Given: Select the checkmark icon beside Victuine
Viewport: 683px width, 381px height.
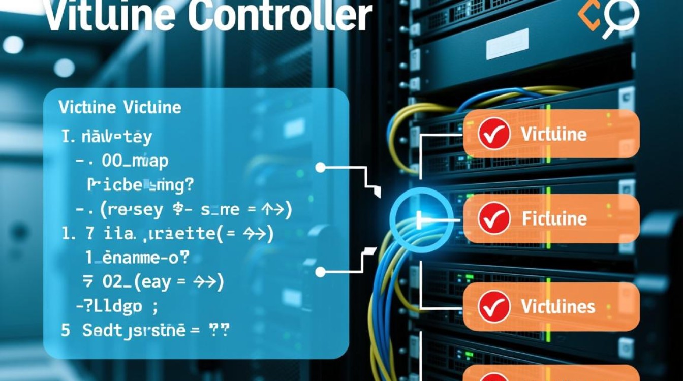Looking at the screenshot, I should [494, 134].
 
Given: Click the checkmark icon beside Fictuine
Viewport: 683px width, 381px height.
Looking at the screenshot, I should [494, 218].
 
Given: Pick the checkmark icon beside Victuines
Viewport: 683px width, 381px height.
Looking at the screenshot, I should [494, 306].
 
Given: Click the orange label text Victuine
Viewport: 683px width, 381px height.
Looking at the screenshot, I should [554, 134].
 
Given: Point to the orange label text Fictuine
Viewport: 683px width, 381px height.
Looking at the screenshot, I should [554, 219].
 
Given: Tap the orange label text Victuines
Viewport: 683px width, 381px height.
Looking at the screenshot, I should [558, 306].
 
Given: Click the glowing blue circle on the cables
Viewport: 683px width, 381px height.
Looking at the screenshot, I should [421, 219].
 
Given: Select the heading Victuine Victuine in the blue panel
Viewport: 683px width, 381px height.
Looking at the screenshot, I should [119, 108].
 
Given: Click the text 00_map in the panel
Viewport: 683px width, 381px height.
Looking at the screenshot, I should [135, 161].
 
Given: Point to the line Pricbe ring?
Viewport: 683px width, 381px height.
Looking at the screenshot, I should [140, 185].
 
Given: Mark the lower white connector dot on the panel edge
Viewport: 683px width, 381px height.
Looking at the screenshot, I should [320, 272].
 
